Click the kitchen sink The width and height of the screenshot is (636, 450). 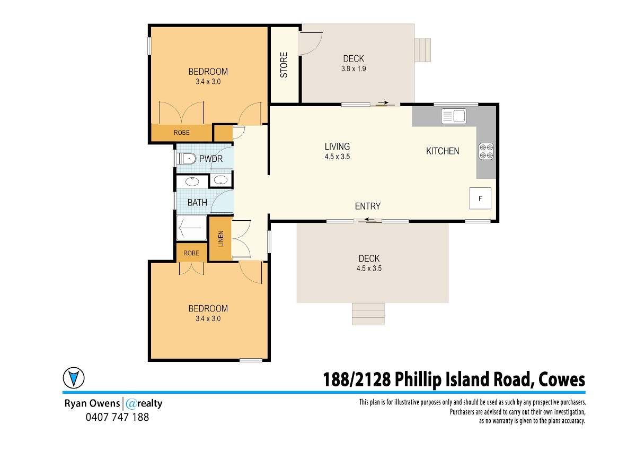click(454, 116)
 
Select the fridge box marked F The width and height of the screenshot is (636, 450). click(480, 198)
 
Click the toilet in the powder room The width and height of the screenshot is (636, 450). click(186, 159)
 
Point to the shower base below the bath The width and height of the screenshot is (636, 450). click(192, 228)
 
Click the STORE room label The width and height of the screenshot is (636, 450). click(284, 65)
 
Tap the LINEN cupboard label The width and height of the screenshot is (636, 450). click(221, 238)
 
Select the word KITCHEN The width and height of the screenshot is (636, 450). click(443, 151)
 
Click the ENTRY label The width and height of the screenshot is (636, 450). click(368, 206)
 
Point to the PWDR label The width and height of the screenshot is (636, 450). click(211, 159)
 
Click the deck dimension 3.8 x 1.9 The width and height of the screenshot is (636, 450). click(354, 68)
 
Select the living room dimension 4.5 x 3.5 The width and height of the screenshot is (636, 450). click(337, 157)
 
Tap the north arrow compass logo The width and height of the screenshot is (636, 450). click(74, 378)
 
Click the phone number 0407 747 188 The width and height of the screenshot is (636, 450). click(117, 417)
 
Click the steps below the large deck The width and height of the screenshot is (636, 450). click(368, 314)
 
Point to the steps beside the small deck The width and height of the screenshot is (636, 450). click(422, 50)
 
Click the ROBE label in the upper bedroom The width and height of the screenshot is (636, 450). click(182, 133)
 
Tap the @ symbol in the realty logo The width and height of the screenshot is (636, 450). click(131, 404)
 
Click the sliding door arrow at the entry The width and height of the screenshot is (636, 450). click(370, 220)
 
